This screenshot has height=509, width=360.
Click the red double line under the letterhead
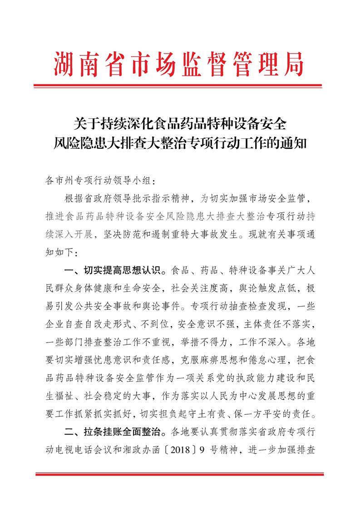[180, 85]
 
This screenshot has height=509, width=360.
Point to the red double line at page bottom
[180, 475]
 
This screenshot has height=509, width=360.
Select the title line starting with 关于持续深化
[180, 123]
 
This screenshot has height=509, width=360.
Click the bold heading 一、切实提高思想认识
[113, 272]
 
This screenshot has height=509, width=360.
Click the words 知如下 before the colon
[60, 251]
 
